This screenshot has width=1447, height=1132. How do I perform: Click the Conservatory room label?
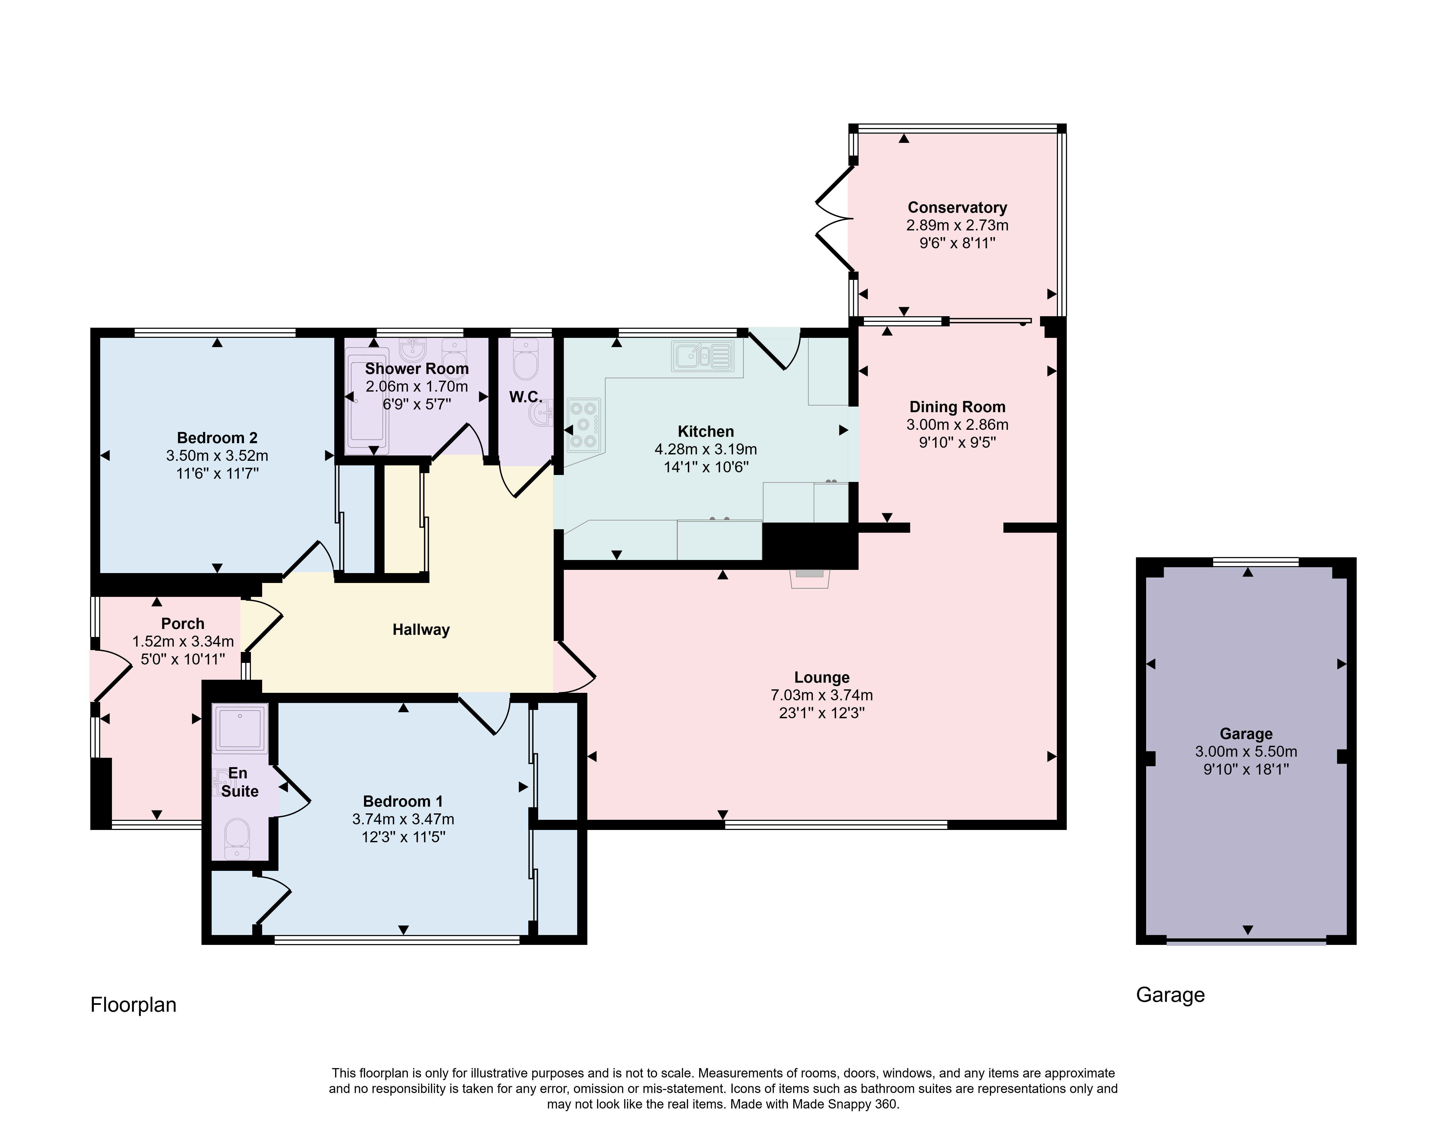[957, 207]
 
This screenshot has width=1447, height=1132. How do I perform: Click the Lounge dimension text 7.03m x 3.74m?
[821, 695]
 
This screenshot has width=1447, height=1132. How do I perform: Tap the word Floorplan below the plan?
[133, 1005]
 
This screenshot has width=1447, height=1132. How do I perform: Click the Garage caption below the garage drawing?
[1170, 995]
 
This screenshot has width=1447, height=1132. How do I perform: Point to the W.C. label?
[525, 397]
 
